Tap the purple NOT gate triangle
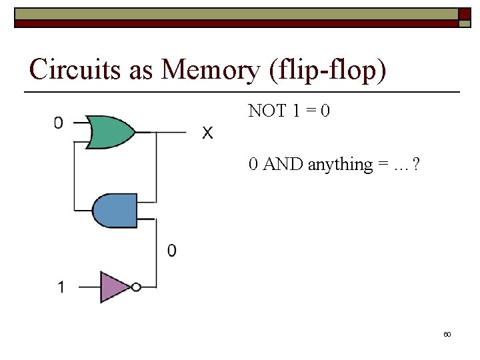tap(113, 287)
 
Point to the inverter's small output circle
tap(136, 287)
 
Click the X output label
tap(208, 134)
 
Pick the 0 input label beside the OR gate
tap(59, 123)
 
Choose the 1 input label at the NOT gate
tap(61, 288)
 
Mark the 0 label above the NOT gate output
tap(172, 251)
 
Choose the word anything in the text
tap(340, 165)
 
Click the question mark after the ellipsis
tap(416, 164)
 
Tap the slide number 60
tap(447, 334)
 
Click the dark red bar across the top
tap(233, 23)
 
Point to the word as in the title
tap(141, 69)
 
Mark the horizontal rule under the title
tap(243, 91)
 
